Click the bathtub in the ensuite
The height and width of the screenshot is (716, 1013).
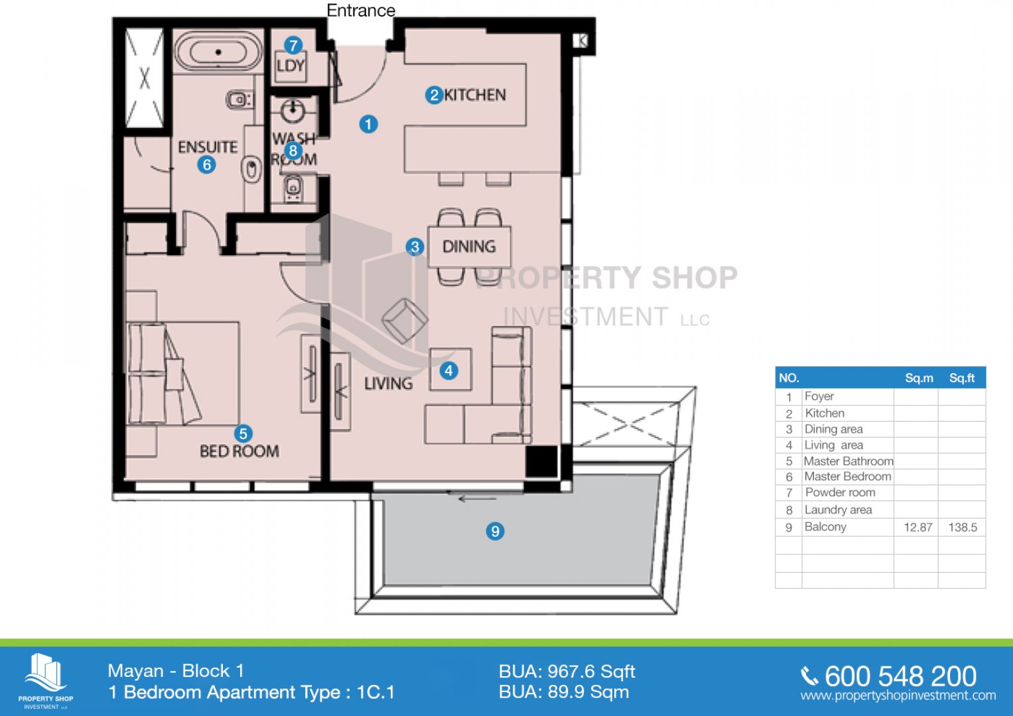(x=218, y=52)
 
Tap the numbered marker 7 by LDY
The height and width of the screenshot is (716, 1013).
(x=293, y=45)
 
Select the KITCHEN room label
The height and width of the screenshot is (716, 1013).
(x=475, y=95)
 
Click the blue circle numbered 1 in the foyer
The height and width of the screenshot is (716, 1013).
(x=368, y=124)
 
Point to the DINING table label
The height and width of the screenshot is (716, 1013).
(x=469, y=247)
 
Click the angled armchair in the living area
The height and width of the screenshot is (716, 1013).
(x=405, y=321)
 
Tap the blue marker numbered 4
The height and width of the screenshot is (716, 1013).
(x=448, y=371)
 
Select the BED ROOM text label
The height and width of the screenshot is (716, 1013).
(x=239, y=451)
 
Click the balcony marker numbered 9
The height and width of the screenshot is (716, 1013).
(x=495, y=530)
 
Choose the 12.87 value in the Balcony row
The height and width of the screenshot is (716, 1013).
(x=918, y=528)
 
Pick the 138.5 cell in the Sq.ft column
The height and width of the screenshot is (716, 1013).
(x=963, y=528)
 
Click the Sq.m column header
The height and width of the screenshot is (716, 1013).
(x=919, y=379)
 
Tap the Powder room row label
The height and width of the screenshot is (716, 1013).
(x=841, y=492)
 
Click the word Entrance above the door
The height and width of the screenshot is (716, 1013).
(x=361, y=10)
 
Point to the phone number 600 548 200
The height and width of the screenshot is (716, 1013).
(x=900, y=676)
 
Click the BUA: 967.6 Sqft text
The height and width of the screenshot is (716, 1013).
(x=567, y=672)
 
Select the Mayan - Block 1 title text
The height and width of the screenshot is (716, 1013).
(x=176, y=671)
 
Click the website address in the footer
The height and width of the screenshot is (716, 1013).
(x=898, y=696)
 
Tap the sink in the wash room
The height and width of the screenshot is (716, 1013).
(x=293, y=111)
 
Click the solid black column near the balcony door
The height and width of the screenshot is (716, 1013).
(x=541, y=461)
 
